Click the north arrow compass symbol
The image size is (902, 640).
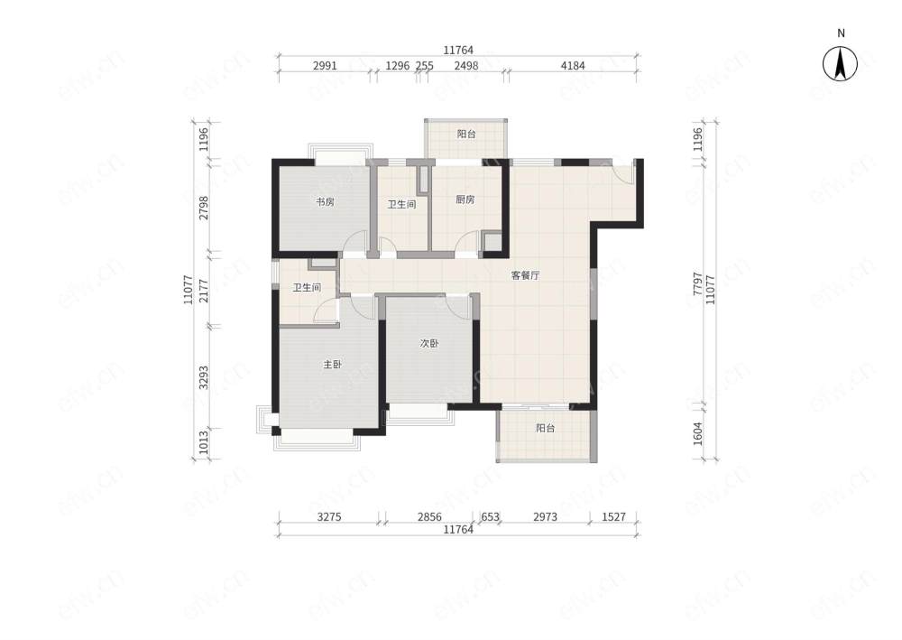(x=841, y=62)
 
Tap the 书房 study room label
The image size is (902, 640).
(x=325, y=201)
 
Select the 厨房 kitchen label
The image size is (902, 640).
(x=465, y=199)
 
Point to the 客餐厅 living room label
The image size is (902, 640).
(x=526, y=275)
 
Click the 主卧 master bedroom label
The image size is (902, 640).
(x=332, y=365)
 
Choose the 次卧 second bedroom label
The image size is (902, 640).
(x=429, y=344)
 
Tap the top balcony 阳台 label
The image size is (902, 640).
(x=466, y=134)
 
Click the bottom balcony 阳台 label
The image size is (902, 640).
(x=546, y=428)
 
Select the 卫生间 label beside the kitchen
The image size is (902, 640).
(x=401, y=204)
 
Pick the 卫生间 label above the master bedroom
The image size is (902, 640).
(x=307, y=287)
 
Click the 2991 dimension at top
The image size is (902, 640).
(x=325, y=66)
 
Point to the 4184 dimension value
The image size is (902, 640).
(x=573, y=66)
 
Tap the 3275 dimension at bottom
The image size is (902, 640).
(x=329, y=517)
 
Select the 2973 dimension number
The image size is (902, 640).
(x=545, y=517)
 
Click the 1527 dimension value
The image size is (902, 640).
(x=613, y=517)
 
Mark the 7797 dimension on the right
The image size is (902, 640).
(x=698, y=283)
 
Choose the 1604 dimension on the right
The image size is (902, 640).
(x=698, y=433)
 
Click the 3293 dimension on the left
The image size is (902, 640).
(x=204, y=377)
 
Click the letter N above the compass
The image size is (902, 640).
(x=841, y=33)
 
